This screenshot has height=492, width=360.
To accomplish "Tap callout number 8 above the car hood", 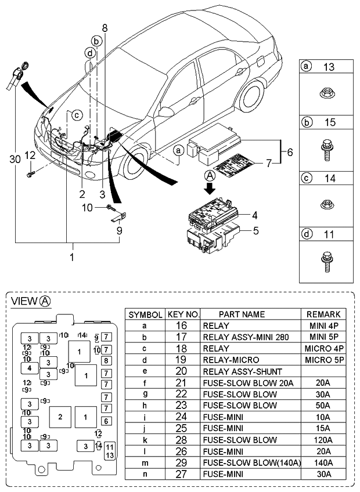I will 105,28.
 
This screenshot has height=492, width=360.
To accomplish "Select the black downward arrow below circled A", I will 209,187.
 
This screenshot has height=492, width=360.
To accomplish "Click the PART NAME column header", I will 250,314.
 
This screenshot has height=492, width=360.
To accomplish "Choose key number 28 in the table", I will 183,440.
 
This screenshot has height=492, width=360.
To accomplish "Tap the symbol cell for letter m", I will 144,462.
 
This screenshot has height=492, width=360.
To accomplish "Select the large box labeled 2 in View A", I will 60,416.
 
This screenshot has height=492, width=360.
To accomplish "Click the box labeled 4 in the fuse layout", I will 29,368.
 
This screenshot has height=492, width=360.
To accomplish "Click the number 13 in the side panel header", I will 329,67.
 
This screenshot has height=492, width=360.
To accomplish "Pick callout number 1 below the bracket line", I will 72,255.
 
